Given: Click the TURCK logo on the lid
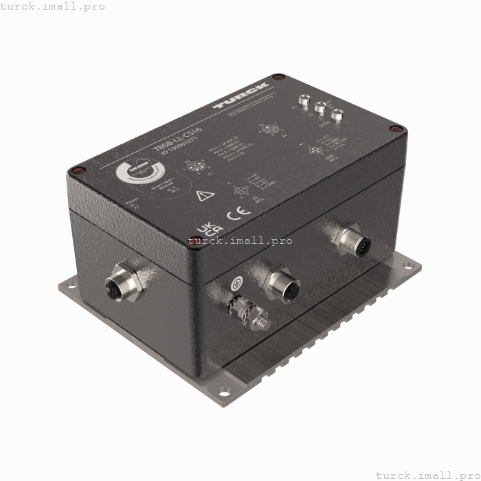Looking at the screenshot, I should coord(241,96).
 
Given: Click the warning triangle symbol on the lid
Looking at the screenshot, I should coord(201,196).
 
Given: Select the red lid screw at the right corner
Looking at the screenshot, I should coord(394,128).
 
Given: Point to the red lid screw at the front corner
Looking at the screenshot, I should coord(194,240).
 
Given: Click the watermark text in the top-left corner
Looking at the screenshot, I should coord(53,6).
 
